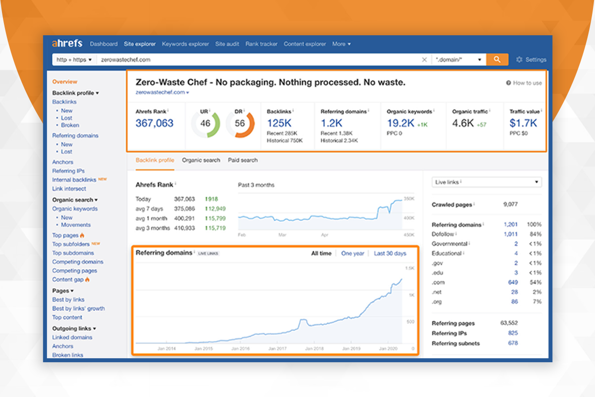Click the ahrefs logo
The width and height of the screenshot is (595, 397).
(x=67, y=44)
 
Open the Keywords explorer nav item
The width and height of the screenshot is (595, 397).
(x=185, y=44)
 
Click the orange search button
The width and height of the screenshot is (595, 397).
(x=497, y=60)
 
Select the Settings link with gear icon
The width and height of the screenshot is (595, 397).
(x=531, y=60)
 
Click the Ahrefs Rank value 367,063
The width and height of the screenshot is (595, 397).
(x=155, y=123)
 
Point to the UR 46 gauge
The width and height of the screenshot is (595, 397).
(x=205, y=124)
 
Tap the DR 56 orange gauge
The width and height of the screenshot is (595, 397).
(x=240, y=124)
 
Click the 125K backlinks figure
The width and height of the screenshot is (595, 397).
(x=279, y=123)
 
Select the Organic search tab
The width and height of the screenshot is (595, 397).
(x=201, y=160)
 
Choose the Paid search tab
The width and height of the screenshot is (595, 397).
(x=242, y=160)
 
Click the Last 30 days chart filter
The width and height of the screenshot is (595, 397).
(x=390, y=254)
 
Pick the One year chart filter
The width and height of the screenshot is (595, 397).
(x=353, y=254)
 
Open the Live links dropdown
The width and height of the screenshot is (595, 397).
(x=486, y=182)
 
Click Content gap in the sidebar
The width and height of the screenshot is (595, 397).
(x=68, y=280)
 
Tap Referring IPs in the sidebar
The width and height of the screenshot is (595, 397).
(x=68, y=171)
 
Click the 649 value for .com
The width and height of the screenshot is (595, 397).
(x=513, y=282)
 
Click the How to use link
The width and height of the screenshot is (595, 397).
(x=524, y=83)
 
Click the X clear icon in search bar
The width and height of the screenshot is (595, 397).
(x=424, y=60)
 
